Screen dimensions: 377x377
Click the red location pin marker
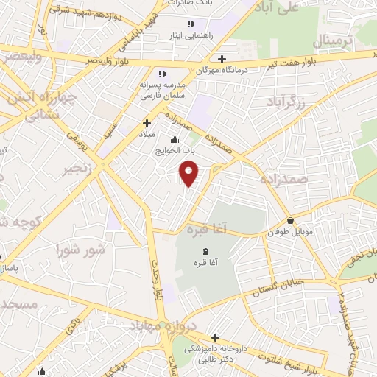click(x=189, y=174)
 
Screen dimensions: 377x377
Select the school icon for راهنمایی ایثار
click(x=191, y=24)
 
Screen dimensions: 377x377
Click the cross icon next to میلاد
click(x=147, y=123)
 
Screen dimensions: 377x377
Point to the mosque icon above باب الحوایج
click(x=175, y=140)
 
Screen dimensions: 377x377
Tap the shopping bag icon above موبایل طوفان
click(x=291, y=220)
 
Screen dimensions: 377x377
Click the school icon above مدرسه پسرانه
click(x=162, y=73)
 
